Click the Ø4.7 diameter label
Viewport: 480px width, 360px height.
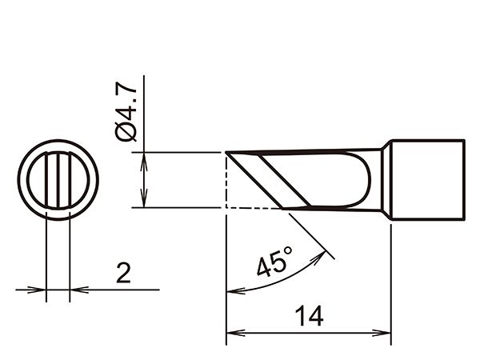pyautogui.click(x=126, y=112)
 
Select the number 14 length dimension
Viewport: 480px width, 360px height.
pyautogui.click(x=309, y=316)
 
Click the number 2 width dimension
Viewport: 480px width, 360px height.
pyautogui.click(x=123, y=273)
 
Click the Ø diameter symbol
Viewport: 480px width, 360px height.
pyautogui.click(x=126, y=132)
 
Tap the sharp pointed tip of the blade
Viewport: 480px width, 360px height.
pyautogui.click(x=226, y=152)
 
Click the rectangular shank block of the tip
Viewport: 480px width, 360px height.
pyautogui.click(x=428, y=180)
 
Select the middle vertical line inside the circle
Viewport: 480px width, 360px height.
pyautogui.click(x=58, y=180)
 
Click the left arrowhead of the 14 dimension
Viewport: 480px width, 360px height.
pyautogui.click(x=235, y=333)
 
